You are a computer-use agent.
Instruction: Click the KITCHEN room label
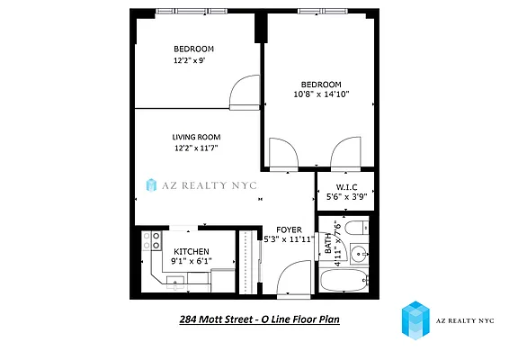click(192, 252)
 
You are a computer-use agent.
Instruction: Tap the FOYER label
click(289, 229)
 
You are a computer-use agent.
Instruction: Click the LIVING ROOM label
click(196, 138)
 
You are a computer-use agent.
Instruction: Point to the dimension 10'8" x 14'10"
click(320, 93)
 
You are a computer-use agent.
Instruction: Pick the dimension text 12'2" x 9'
click(193, 61)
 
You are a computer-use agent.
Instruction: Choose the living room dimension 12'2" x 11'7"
click(196, 148)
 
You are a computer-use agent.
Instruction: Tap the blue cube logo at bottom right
click(416, 321)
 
